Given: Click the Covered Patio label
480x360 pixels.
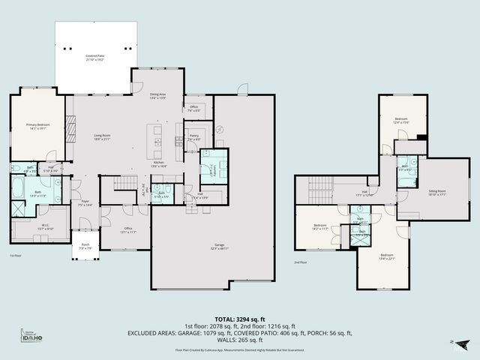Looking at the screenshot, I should coord(95,58).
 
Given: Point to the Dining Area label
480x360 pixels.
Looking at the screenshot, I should coord(158,95).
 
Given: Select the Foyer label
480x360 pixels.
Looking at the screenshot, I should coord(85,203).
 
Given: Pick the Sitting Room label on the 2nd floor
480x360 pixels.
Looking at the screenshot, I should coord(436,193).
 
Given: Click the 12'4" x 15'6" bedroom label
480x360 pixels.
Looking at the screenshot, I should coord(402,120).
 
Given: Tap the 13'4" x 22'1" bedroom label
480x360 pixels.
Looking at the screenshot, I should coord(386,257).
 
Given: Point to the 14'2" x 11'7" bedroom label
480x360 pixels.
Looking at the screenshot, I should coord(320,227).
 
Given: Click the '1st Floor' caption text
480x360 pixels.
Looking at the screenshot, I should coord(16,256).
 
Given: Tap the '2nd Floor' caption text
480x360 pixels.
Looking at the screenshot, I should coord(300,263).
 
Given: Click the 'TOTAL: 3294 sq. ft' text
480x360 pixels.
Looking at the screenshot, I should coord(240,319).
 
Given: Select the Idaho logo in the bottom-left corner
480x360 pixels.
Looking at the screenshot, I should coord(29,338).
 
